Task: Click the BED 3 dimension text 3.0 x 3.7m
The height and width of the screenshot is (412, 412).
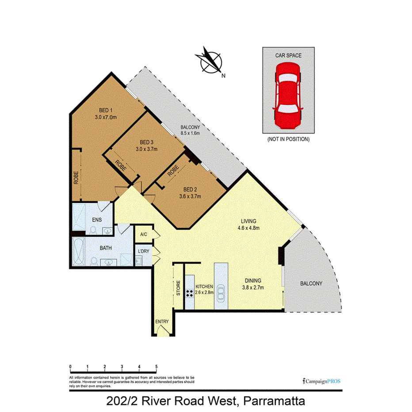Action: pos(146,149)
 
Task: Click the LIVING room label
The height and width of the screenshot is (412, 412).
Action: pos(248,221)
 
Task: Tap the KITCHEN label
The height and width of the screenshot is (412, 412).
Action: pos(204,287)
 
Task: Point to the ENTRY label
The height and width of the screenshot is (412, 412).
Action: pos(161,321)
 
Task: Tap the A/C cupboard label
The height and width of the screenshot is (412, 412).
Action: pos(143,234)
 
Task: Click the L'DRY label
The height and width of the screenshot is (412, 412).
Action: pos(143,252)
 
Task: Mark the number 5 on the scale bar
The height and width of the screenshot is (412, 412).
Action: pos(156,366)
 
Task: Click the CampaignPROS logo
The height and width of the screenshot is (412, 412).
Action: pos(321,381)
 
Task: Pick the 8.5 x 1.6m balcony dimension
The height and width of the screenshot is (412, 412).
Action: pos(191,133)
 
